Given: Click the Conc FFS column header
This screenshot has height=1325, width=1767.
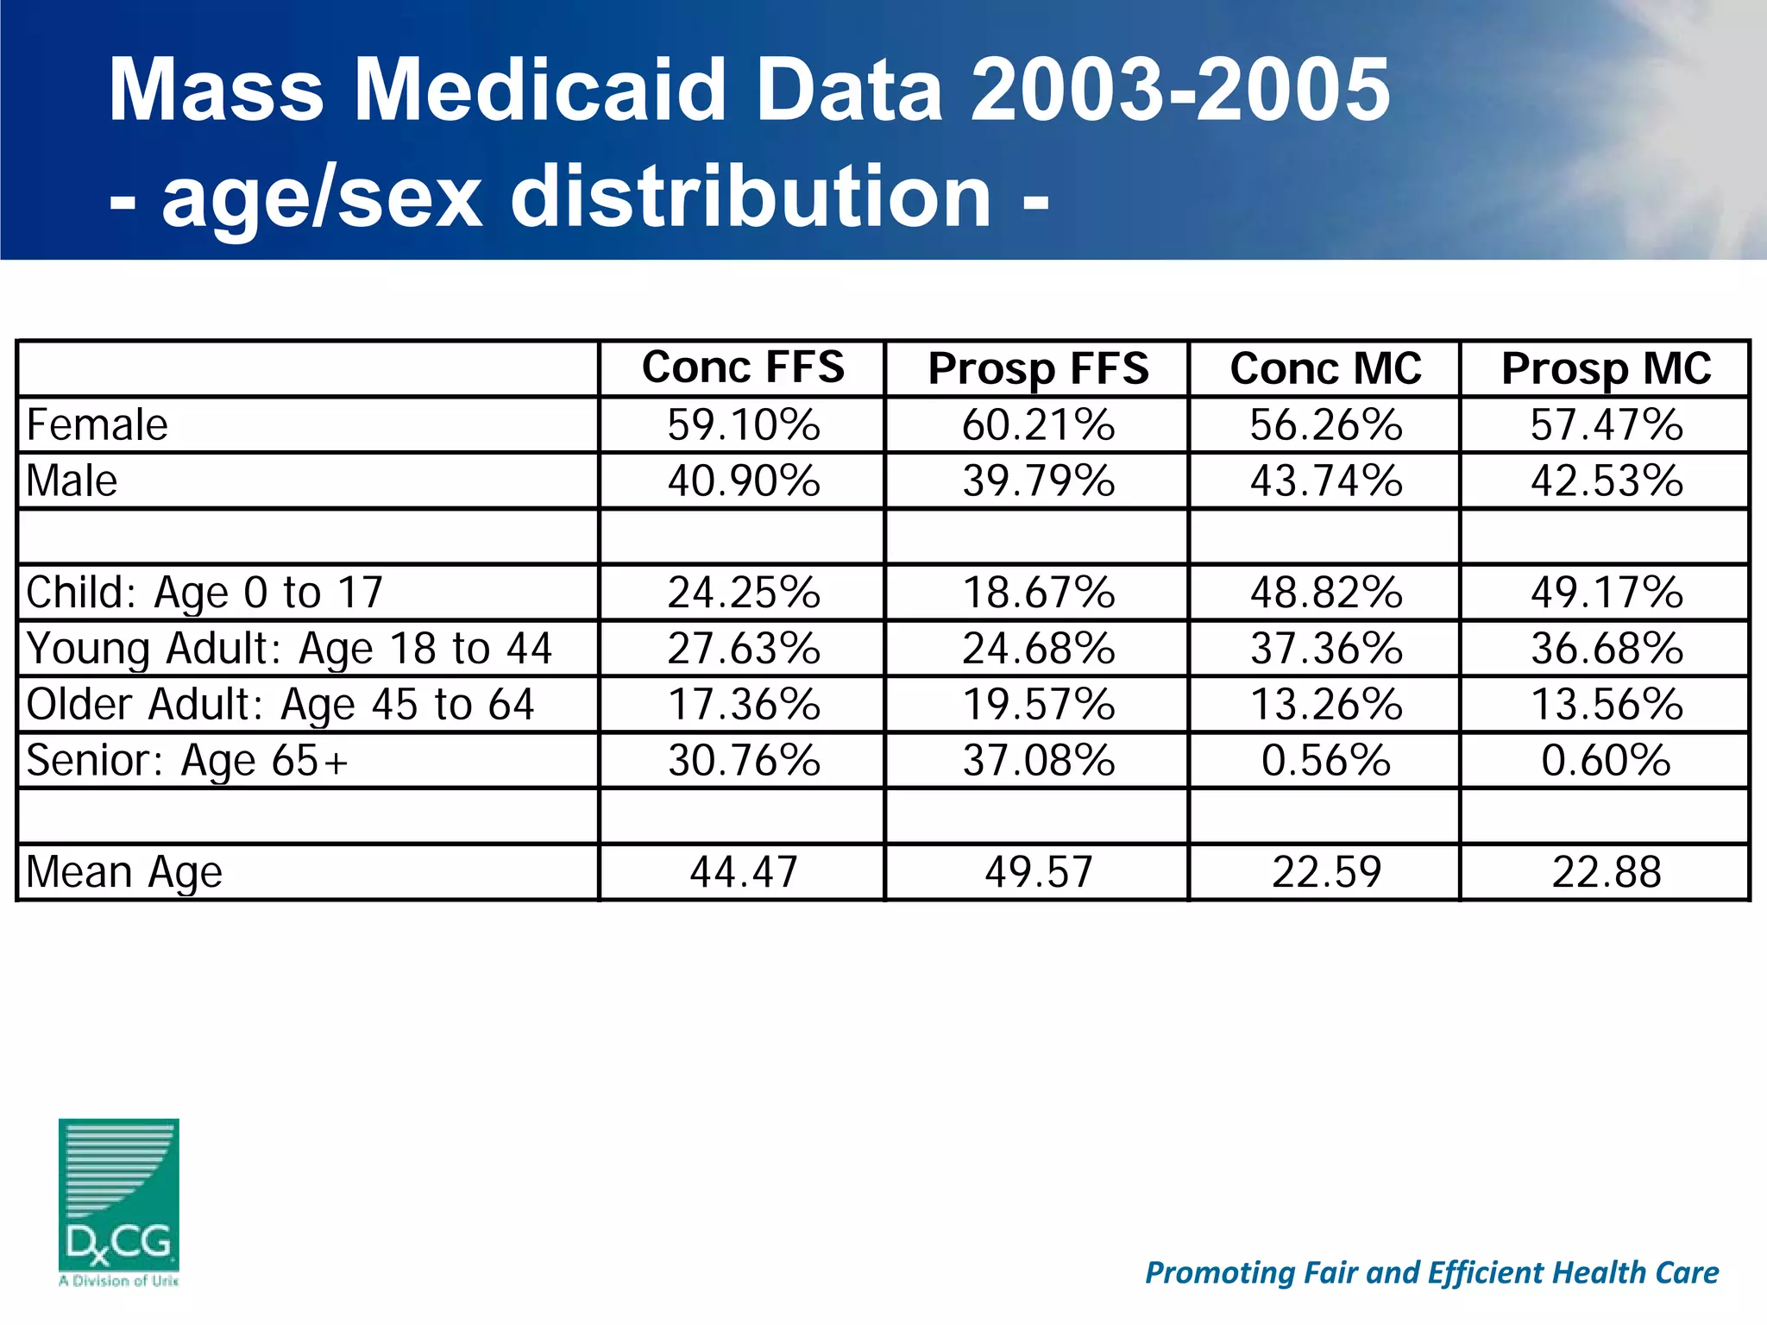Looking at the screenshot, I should click(x=743, y=367).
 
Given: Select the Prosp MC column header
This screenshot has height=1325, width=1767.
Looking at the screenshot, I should click(x=1606, y=369).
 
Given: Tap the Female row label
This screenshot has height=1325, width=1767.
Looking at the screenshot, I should click(x=97, y=425).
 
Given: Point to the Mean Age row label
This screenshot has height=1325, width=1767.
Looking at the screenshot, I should click(x=124, y=872).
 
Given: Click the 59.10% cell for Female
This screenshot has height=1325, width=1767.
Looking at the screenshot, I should click(x=743, y=425).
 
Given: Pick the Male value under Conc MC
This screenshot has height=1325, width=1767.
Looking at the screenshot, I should click(x=1325, y=481).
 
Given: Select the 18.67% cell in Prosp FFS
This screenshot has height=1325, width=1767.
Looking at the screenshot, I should click(x=1038, y=593).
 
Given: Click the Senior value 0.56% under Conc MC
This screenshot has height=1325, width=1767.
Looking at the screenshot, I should click(x=1325, y=761).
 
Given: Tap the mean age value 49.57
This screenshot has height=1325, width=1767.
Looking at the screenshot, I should click(x=1038, y=872).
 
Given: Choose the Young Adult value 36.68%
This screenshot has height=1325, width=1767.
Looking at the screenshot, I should click(x=1606, y=649).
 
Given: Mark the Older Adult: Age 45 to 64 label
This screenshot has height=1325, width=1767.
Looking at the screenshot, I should click(x=280, y=705).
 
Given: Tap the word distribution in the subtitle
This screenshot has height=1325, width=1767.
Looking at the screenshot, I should click(x=751, y=198).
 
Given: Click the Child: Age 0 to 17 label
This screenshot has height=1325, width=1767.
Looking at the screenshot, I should click(x=204, y=593).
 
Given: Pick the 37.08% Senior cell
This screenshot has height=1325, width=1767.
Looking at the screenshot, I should click(x=1038, y=761).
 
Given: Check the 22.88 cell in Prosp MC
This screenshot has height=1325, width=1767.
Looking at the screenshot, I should click(x=1606, y=872).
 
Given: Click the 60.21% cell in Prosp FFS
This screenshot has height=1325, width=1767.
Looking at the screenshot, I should click(x=1038, y=425).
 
